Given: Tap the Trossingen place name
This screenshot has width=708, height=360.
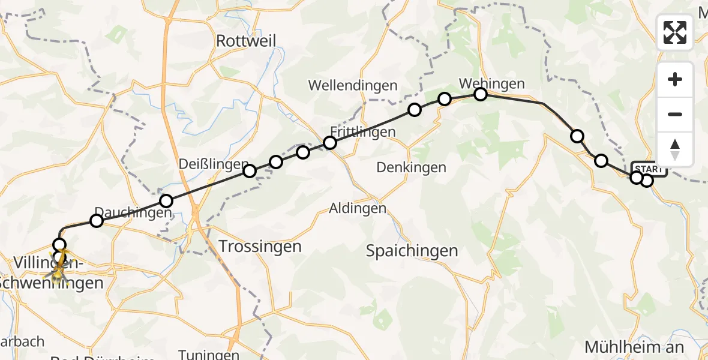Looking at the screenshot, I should (x=260, y=246).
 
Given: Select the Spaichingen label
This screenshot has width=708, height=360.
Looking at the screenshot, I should (x=412, y=251).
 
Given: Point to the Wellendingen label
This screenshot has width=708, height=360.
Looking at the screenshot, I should (x=353, y=85).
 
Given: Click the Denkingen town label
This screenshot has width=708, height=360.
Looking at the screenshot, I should (x=411, y=167).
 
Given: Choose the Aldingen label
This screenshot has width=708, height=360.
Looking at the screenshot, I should (x=358, y=208).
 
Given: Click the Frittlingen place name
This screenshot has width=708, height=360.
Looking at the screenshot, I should (x=363, y=132).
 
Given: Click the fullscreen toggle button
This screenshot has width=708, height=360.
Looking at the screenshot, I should (x=675, y=32).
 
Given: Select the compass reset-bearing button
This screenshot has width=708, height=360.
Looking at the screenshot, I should (x=675, y=149).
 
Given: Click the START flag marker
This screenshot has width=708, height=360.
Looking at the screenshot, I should (x=649, y=169).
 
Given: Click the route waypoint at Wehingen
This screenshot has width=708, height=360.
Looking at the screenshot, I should (x=481, y=94).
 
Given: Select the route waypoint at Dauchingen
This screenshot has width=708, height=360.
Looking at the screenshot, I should (x=97, y=221).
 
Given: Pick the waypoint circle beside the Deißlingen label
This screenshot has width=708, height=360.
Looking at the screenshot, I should (x=250, y=171).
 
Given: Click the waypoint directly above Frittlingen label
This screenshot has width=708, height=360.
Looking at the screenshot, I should (x=330, y=143).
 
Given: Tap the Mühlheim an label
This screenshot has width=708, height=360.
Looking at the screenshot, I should (x=634, y=347).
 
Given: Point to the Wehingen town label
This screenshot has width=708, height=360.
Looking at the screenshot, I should (x=491, y=83).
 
